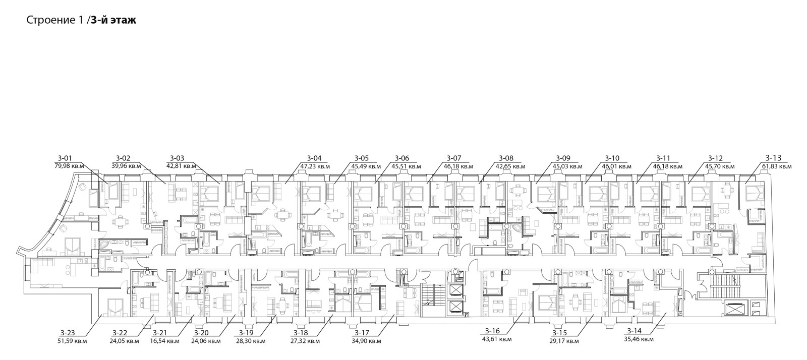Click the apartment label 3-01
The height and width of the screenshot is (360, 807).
(x=65, y=158)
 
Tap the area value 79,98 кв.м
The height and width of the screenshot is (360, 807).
(x=69, y=166)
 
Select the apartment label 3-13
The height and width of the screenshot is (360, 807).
(x=773, y=158)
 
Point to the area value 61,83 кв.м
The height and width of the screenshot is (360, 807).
(x=777, y=166)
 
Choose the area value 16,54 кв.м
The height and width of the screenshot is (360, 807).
(x=164, y=341)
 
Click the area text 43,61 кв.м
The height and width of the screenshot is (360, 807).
(x=496, y=339)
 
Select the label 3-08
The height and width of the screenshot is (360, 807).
(x=506, y=158)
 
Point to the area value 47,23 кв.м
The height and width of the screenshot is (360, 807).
(x=315, y=166)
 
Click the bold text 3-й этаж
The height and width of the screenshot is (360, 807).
(x=113, y=20)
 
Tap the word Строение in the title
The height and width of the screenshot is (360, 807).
(x=50, y=21)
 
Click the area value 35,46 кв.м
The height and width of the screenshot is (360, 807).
(x=639, y=339)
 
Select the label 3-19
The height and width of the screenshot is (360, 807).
(x=247, y=333)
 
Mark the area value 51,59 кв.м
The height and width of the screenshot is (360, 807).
(x=73, y=341)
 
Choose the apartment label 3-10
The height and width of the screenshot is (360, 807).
(x=612, y=158)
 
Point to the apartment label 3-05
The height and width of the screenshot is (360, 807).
(x=362, y=158)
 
